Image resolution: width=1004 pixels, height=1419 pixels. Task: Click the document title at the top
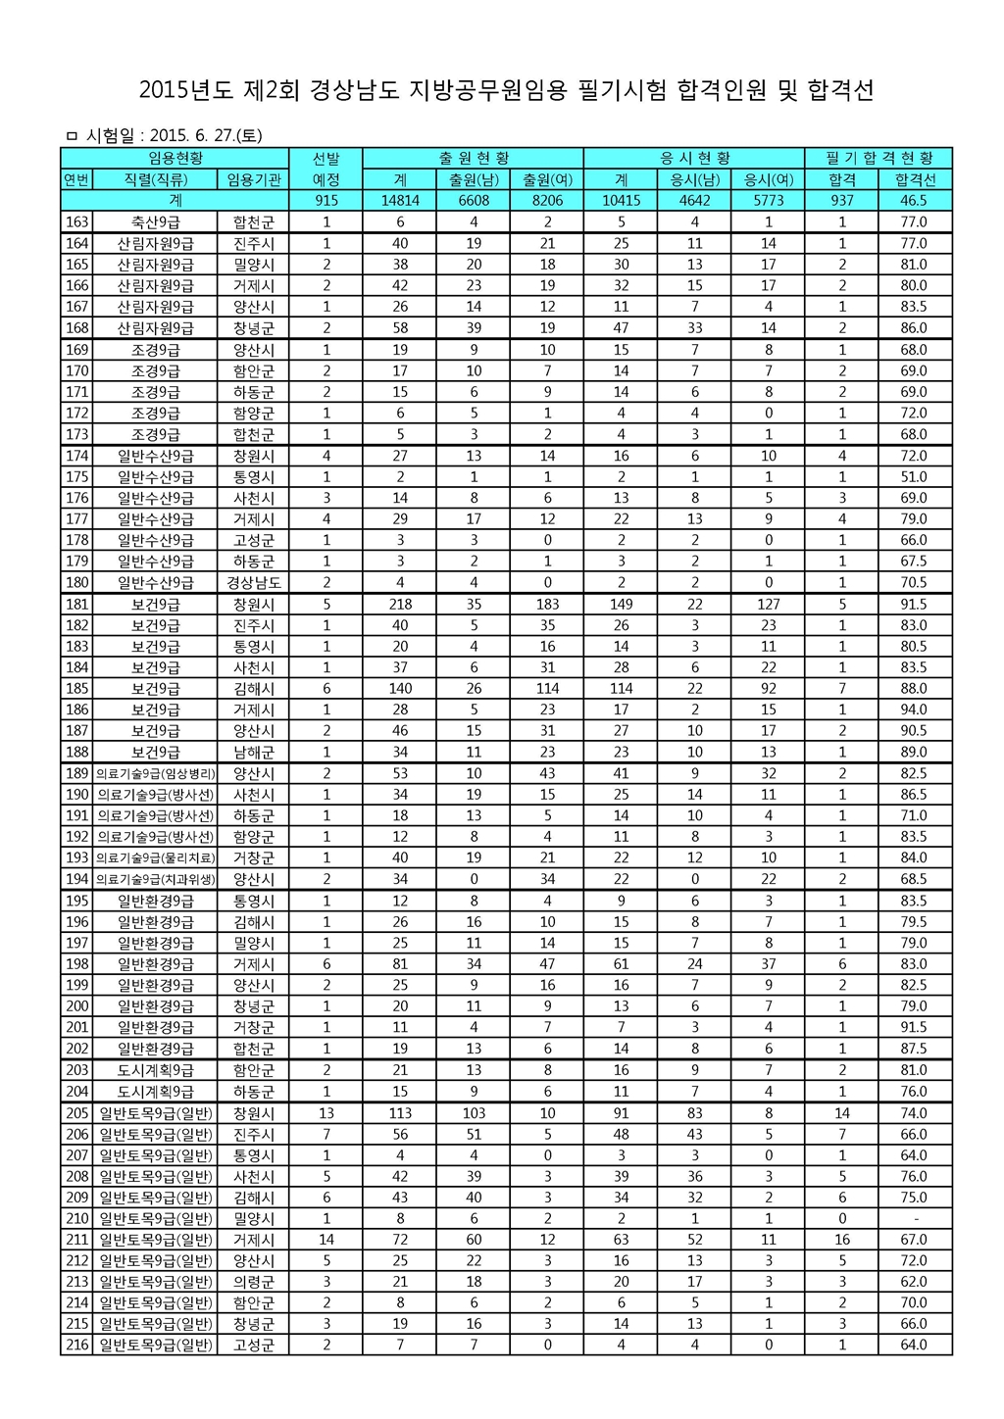[506, 91]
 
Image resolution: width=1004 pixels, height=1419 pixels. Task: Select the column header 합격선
[914, 179]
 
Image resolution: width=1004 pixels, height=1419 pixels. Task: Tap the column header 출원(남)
[474, 179]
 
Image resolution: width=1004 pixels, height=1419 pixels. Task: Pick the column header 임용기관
[253, 179]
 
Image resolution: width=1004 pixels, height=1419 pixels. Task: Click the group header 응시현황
[694, 158]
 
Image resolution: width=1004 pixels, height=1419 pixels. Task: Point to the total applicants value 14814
[400, 200]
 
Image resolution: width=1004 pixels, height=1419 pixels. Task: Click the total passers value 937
[841, 200]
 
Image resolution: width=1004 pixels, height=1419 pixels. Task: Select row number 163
[76, 221]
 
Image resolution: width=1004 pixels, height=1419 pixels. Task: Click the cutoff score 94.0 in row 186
[914, 709]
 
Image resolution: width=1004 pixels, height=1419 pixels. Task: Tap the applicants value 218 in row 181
[400, 604]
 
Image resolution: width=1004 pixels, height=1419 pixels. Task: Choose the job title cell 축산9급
[155, 221]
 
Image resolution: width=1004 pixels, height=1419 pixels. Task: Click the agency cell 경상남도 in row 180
[253, 582]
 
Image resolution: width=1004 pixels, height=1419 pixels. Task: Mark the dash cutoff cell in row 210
[914, 1218]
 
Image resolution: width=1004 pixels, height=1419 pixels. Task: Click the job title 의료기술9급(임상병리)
[155, 773]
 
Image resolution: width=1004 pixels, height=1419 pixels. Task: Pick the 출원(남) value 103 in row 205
[474, 1112]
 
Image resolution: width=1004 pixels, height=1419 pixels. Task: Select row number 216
[76, 1345]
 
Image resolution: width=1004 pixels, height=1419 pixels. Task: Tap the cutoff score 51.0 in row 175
[914, 476]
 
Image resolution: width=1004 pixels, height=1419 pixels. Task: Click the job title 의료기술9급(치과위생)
[155, 879]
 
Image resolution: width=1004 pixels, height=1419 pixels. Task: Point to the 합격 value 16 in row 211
[841, 1240]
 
